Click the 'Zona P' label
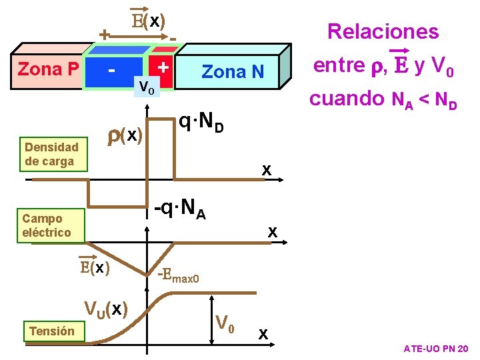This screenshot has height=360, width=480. point(49,69)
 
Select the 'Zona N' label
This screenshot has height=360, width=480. point(233,71)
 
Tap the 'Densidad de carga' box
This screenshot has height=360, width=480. point(52,154)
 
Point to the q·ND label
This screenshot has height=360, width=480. point(201,122)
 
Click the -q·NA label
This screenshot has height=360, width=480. point(180,211)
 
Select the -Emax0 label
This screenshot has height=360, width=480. point(179,275)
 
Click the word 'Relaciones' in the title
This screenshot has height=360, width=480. point(383,31)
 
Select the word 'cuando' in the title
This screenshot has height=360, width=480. point(343,99)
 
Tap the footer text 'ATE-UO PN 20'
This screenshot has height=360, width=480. point(435,349)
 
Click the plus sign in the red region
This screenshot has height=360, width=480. point(162,67)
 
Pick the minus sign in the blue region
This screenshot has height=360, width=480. point(113,69)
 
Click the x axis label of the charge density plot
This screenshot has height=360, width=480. point(266,171)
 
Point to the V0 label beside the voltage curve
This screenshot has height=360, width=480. point(225,323)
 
